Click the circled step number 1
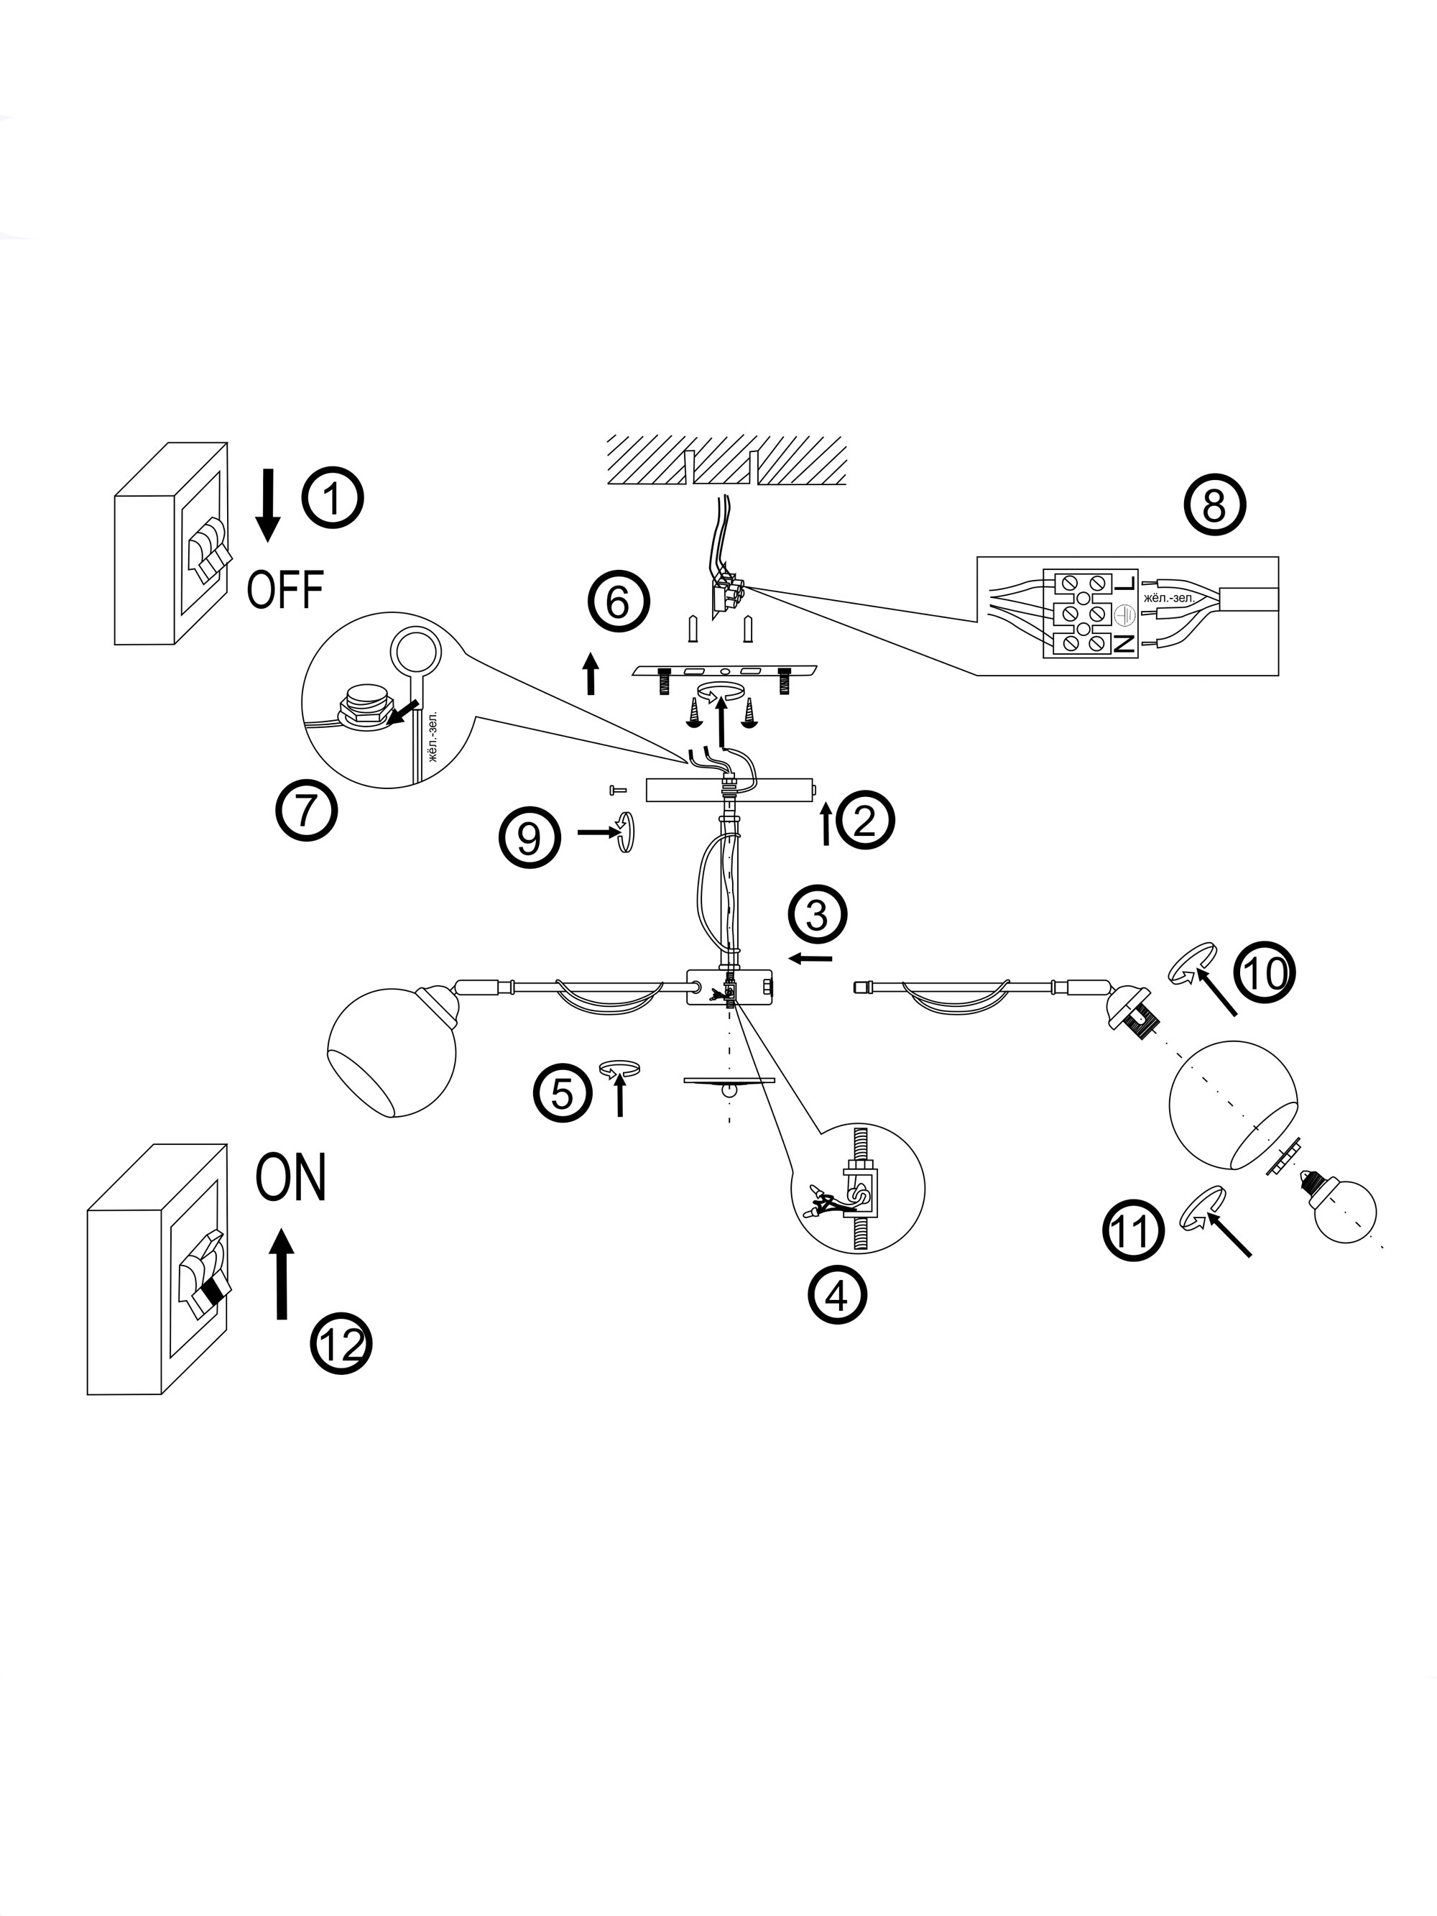[x=332, y=498]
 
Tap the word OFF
[x=285, y=589]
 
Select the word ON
[x=291, y=1177]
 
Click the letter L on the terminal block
[x=1125, y=585]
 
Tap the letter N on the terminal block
[x=1124, y=642]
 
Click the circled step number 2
[x=864, y=819]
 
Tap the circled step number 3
[x=817, y=915]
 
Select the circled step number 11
[x=1133, y=1230]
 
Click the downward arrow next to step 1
[x=268, y=505]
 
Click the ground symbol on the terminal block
[x=1125, y=613]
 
